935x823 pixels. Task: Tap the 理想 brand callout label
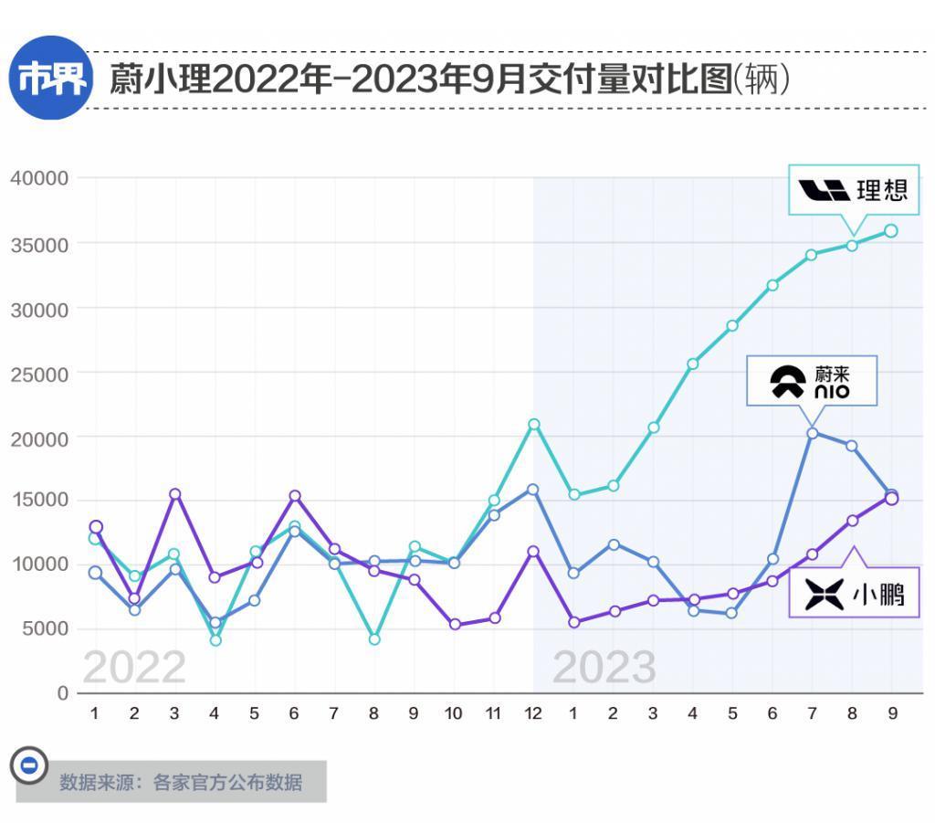point(853,190)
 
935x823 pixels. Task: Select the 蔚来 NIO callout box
point(811,380)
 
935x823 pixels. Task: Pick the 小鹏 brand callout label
point(854,595)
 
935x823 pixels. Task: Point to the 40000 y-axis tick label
point(39,178)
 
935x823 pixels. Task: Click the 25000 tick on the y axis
point(39,373)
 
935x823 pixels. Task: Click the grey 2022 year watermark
point(134,668)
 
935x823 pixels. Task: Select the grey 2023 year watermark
point(604,668)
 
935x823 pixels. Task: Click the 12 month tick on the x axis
point(533,713)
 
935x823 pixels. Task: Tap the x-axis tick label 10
point(454,713)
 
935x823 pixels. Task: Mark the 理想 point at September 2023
point(891,231)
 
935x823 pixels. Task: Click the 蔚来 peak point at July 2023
point(812,433)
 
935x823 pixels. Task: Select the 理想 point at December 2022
point(533,424)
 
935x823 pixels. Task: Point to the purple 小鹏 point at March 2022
point(174,494)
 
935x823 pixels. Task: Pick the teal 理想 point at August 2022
point(373,638)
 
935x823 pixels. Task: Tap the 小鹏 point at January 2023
point(573,622)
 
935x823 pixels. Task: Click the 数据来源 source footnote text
point(181,782)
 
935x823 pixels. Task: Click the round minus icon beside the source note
point(28,765)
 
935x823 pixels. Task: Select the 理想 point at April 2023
point(692,364)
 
